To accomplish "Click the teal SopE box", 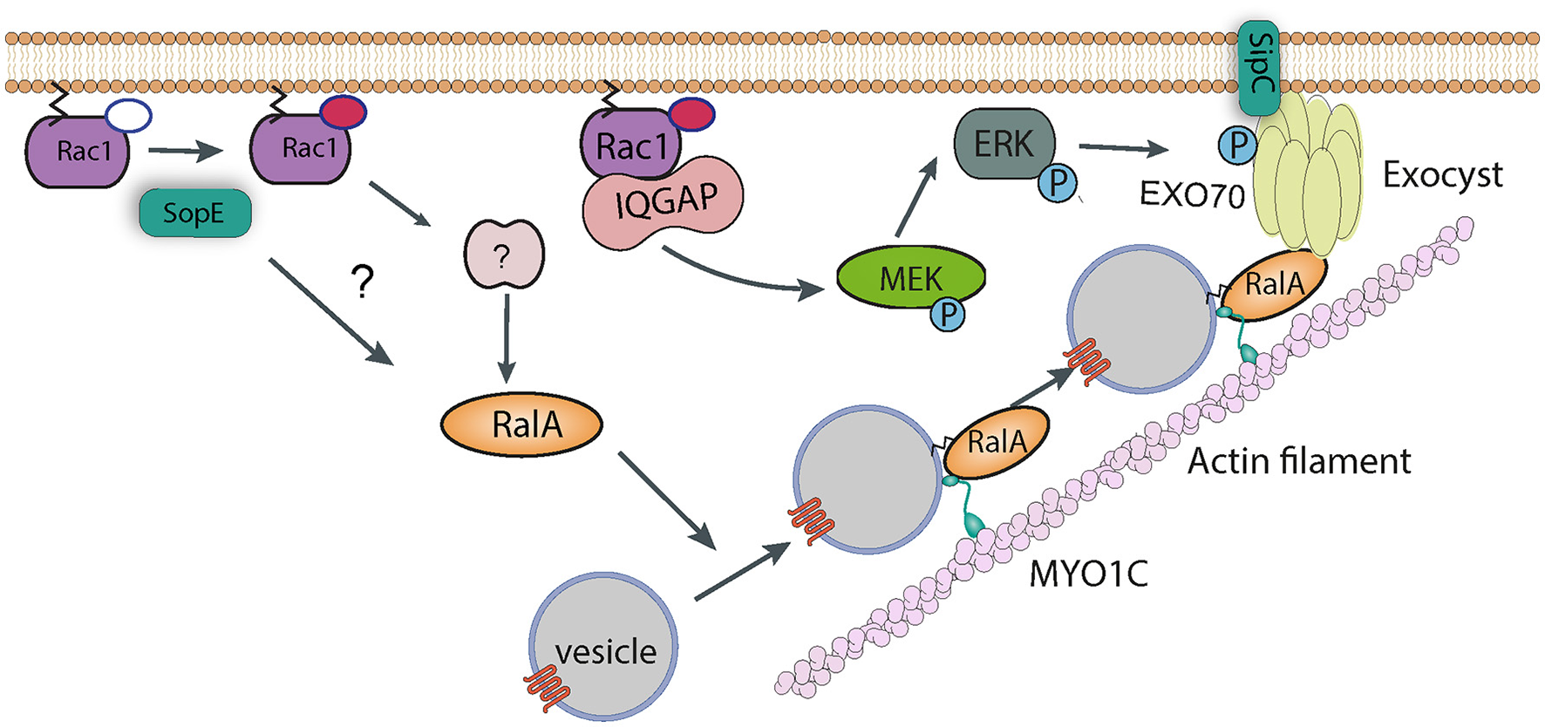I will pos(194,214).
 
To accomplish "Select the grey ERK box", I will pos(1004,144).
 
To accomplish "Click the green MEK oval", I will pos(909,279).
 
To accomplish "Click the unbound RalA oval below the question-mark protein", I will pos(521,425).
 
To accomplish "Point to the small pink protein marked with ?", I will pos(503,255).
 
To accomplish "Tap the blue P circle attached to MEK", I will pos(948,314).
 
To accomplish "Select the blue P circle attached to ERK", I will pos(1058,183).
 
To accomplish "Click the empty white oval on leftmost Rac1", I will pos(128,115).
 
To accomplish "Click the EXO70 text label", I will pos(1192,195).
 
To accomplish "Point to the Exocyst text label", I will pos(1442,176).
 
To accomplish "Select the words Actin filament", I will pos(1298,461).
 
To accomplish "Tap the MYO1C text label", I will pos(1088,574).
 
